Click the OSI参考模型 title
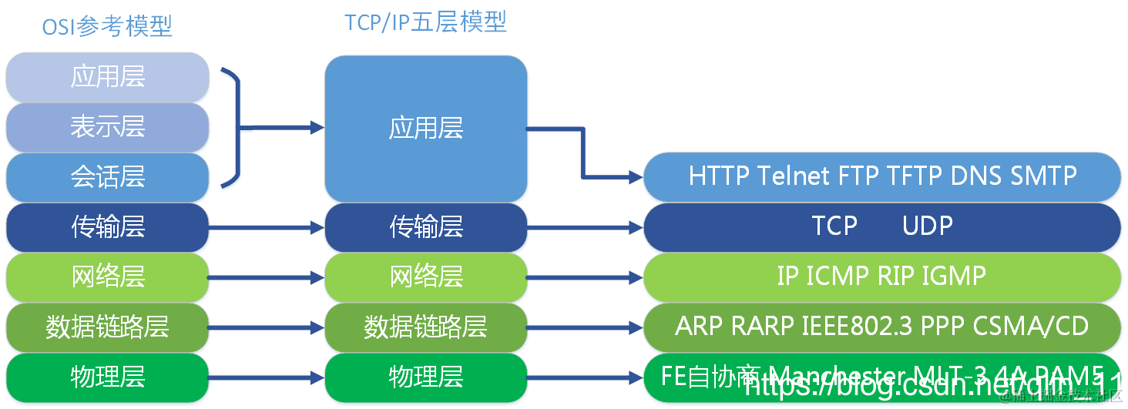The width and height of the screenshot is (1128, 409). pyautogui.click(x=107, y=27)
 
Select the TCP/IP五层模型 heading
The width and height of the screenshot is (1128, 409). pyautogui.click(x=425, y=22)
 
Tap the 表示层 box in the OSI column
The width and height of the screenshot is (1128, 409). pyautogui.click(x=108, y=126)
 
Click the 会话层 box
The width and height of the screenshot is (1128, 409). pyautogui.click(x=108, y=176)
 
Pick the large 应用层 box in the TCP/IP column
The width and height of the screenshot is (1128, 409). pyautogui.click(x=426, y=128)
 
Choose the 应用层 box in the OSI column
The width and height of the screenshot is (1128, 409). pyautogui.click(x=108, y=77)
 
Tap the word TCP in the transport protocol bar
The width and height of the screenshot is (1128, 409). pyautogui.click(x=834, y=226)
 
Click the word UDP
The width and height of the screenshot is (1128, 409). pyautogui.click(x=928, y=226)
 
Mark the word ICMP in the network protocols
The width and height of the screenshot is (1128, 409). pyautogui.click(x=838, y=276)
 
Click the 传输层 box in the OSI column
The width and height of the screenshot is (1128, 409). pyautogui.click(x=108, y=226)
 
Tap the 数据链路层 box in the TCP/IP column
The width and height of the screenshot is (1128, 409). pyautogui.click(x=426, y=327)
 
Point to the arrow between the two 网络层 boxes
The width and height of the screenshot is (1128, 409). pyautogui.click(x=266, y=277)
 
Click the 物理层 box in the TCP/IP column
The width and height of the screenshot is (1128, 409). pyautogui.click(x=426, y=377)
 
